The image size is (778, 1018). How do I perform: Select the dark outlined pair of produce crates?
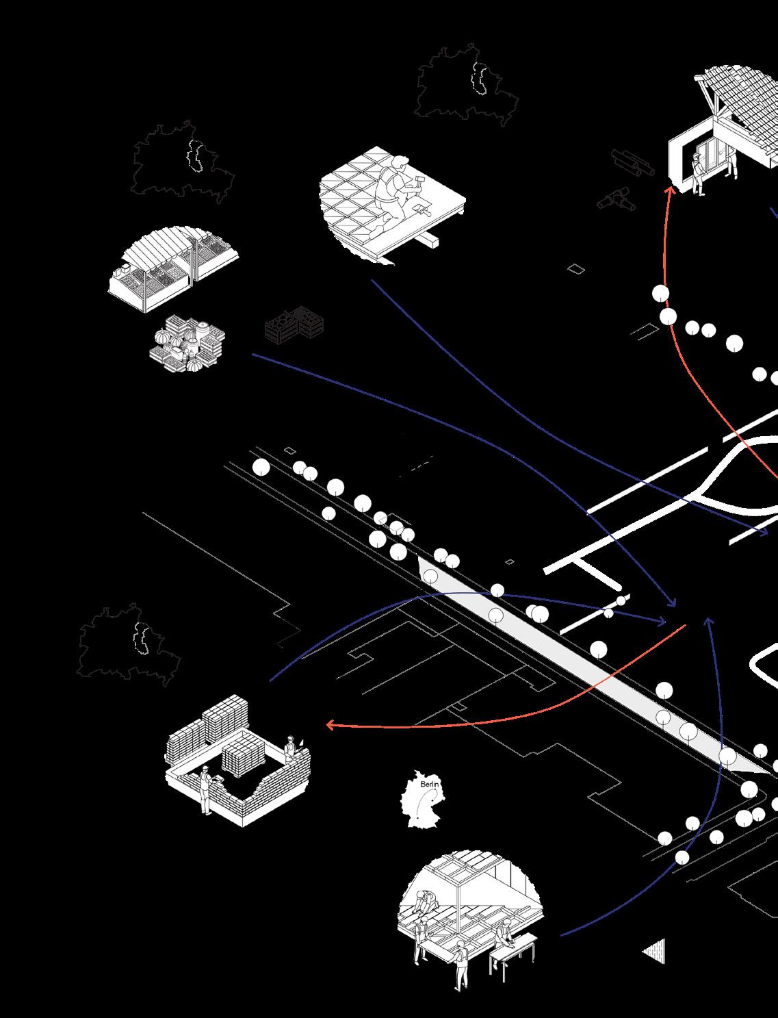pyautogui.click(x=294, y=325)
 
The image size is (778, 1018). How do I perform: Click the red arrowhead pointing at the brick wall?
pyautogui.click(x=330, y=724)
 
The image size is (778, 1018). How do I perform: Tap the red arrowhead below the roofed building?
pyautogui.click(x=671, y=190)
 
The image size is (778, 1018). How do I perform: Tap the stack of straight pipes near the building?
pyautogui.click(x=633, y=162)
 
